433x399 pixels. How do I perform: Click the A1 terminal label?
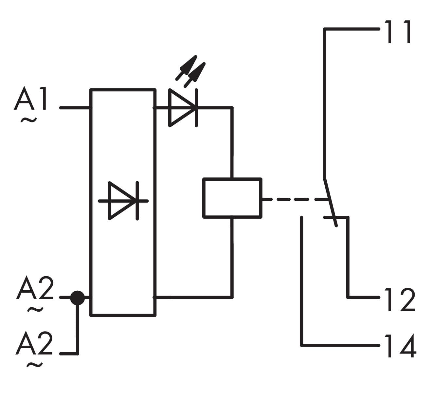coord(31,99)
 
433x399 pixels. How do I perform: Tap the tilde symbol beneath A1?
coord(29,120)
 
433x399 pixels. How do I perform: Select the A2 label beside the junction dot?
coord(35,288)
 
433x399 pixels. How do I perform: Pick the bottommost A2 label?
coord(34,343)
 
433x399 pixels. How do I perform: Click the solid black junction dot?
coord(78,298)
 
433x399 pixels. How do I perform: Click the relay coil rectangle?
coord(232,198)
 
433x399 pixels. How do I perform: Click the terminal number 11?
coord(398,32)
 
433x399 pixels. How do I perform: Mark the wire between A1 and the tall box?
coord(75,107)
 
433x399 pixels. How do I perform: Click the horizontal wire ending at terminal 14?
coord(340,345)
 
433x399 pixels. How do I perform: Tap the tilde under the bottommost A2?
coord(34,365)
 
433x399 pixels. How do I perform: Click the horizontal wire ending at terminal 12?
coord(363,298)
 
